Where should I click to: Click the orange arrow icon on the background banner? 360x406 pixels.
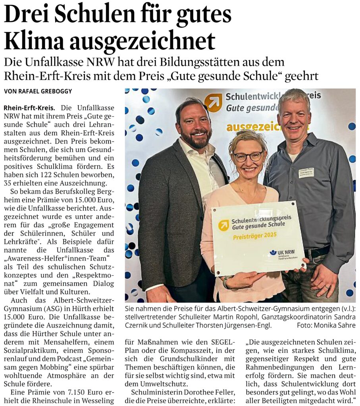pyautogui.click(x=213, y=102)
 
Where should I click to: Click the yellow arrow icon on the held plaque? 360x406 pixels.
pyautogui.click(x=224, y=225)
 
